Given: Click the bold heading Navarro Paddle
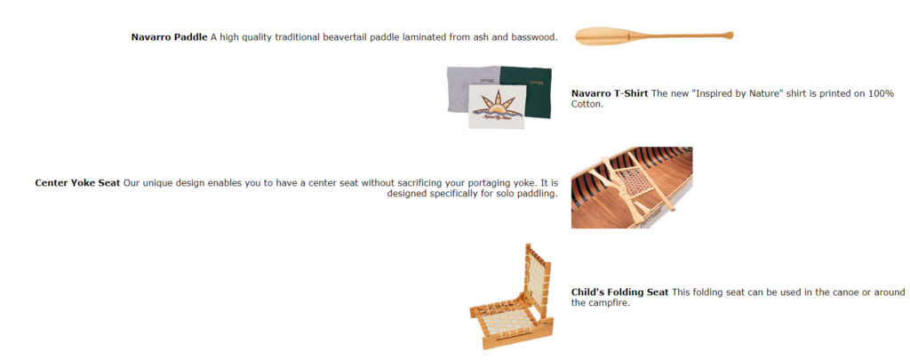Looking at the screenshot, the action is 169,37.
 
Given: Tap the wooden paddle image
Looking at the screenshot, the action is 654,36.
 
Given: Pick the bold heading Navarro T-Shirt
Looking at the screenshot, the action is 610,93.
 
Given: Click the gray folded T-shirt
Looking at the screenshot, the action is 467,87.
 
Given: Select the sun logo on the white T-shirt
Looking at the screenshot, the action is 496,105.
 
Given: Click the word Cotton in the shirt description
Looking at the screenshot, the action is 587,105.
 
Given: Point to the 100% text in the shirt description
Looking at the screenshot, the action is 882,93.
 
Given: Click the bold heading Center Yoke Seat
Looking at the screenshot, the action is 78,183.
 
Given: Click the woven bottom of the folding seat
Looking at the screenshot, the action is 505,316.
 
